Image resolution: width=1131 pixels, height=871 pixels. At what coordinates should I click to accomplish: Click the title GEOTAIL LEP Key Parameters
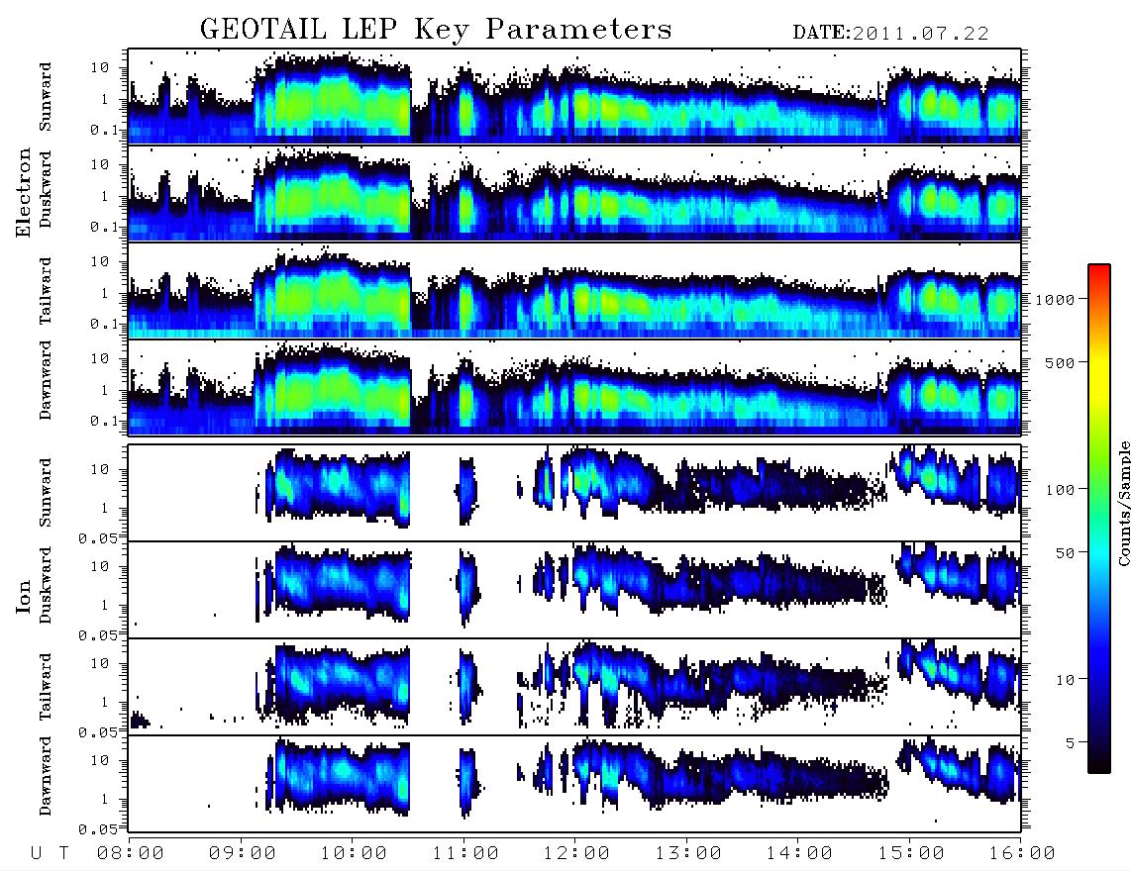pos(436,29)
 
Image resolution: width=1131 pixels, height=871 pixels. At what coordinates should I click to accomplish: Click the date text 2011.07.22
pos(920,34)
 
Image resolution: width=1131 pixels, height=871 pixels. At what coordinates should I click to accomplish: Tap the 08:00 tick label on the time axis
pos(131,854)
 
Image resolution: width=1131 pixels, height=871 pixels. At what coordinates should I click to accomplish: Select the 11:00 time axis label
pos(465,854)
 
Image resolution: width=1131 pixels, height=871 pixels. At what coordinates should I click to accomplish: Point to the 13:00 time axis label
pos(688,854)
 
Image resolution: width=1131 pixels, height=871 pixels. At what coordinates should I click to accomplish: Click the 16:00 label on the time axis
pos(1022,854)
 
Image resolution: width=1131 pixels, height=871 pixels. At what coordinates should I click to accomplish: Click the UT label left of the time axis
pos(50,854)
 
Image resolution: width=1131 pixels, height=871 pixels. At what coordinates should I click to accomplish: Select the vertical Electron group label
pos(24,192)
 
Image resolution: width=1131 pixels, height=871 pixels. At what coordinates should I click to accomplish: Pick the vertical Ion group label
pos(24,596)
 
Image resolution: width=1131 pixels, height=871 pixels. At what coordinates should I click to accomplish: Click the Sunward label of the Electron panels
pos(46,97)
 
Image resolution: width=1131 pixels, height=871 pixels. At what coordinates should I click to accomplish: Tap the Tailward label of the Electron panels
pos(46,291)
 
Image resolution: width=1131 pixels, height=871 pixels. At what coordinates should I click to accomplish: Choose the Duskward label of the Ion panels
pos(46,585)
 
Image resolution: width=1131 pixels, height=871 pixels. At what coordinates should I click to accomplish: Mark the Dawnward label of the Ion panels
pos(46,775)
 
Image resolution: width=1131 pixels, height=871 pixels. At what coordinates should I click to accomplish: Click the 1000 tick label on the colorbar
pos(1055,299)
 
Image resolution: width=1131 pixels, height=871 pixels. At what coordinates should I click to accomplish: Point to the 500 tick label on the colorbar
pos(1060,362)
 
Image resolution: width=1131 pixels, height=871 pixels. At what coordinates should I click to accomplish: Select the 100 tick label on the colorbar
pos(1060,490)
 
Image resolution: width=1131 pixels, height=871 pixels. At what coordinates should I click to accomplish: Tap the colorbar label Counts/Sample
pos(1123,503)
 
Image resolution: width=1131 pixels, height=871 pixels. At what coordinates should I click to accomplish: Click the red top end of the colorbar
pos(1098,267)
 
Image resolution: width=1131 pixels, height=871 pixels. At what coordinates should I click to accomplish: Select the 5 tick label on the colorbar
pos(1070,742)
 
